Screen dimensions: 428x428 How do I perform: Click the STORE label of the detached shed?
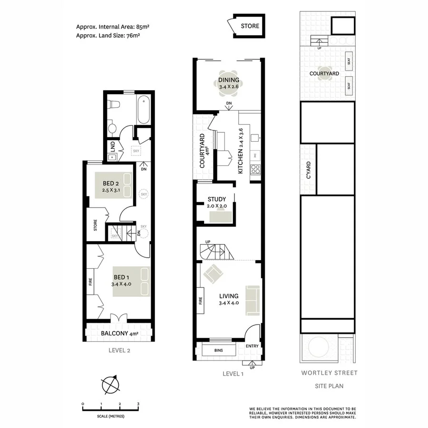pyautogui.click(x=250, y=26)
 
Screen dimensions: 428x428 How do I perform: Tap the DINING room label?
pyautogui.click(x=229, y=80)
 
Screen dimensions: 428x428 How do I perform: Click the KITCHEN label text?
pyautogui.click(x=241, y=151)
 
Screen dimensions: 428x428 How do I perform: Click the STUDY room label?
pyautogui.click(x=217, y=199)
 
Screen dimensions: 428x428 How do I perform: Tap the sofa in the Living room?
pyautogui.click(x=253, y=300)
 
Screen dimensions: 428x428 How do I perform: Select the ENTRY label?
pyautogui.click(x=252, y=346)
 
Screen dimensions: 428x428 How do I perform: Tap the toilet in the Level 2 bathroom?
pyautogui.click(x=112, y=127)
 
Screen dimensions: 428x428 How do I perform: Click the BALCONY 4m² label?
pyautogui.click(x=119, y=333)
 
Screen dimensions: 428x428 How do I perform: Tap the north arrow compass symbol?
pyautogui.click(x=110, y=383)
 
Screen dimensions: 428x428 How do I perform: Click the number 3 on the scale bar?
pyautogui.click(x=138, y=404)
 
